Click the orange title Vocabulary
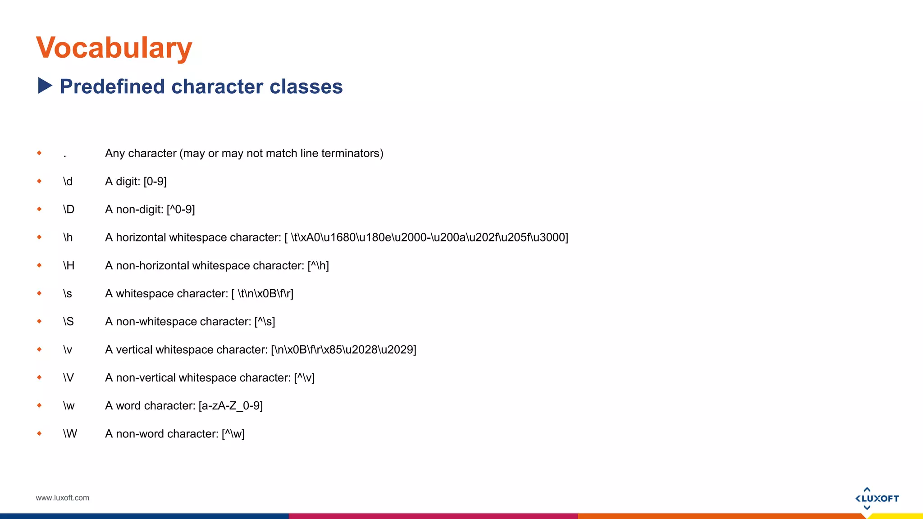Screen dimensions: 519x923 click(114, 48)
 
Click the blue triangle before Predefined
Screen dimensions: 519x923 click(45, 86)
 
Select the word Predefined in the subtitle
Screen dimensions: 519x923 click(112, 86)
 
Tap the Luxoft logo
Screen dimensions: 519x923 click(877, 498)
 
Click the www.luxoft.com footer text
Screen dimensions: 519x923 click(62, 498)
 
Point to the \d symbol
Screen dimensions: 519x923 click(68, 182)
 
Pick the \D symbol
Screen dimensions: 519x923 click(69, 209)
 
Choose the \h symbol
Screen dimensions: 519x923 click(68, 237)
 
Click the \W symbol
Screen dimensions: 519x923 click(70, 434)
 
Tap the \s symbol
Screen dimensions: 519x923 click(68, 294)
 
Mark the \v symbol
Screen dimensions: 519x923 click(68, 350)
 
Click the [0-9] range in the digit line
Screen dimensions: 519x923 click(155, 182)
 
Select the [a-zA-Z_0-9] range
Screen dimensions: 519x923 click(230, 406)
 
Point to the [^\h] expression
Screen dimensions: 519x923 click(318, 266)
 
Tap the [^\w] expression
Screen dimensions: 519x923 click(233, 434)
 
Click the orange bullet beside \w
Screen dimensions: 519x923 click(39, 405)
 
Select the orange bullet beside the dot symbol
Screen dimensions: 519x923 click(39, 153)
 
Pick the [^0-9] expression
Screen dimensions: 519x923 click(181, 209)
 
